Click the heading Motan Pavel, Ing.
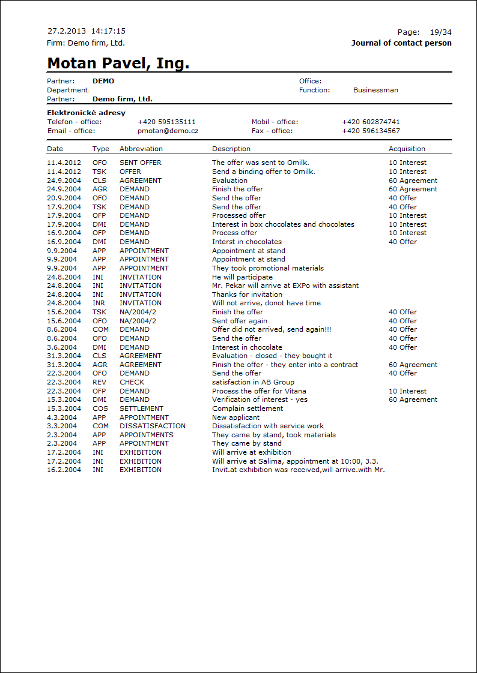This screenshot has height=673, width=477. (x=118, y=64)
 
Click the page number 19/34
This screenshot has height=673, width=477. (x=441, y=32)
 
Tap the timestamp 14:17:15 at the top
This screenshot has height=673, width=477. (x=108, y=31)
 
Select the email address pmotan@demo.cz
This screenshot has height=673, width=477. (x=168, y=131)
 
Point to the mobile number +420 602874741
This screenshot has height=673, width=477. (x=371, y=122)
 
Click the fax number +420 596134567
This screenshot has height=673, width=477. (x=371, y=131)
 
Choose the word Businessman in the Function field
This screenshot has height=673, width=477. (x=375, y=90)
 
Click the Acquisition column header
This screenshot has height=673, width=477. (x=407, y=149)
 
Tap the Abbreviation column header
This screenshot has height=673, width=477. (x=141, y=149)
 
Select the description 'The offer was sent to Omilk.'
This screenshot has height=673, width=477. (x=261, y=163)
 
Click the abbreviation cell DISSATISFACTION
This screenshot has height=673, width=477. (x=153, y=426)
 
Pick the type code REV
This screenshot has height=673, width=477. (x=99, y=382)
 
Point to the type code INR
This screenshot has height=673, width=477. (x=99, y=303)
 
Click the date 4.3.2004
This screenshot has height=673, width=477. (x=62, y=417)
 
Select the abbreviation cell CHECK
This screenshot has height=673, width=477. (x=132, y=382)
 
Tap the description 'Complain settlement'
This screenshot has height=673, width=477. (x=248, y=408)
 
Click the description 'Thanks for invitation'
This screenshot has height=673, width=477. (x=247, y=295)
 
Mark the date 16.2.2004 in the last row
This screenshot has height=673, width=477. (x=64, y=470)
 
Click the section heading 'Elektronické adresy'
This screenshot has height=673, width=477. (x=86, y=113)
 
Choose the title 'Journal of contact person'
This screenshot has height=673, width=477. (x=401, y=43)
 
